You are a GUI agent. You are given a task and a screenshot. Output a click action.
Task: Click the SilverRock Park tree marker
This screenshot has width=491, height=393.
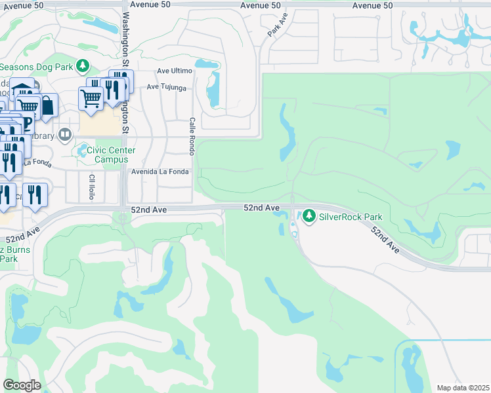point(308,215)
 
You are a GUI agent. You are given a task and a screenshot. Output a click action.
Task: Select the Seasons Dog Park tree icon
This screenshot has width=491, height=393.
point(82,66)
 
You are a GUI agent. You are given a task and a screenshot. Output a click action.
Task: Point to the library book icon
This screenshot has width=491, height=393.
point(64,136)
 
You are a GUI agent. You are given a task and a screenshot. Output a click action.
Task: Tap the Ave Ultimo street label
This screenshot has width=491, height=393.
point(172,71)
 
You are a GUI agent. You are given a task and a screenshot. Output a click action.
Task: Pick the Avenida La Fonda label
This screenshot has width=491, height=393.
point(160,172)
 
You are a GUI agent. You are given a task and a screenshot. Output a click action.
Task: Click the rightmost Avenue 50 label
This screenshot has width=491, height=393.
point(372,5)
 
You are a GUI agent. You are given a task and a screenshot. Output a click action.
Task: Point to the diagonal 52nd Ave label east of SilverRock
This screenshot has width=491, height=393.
point(385,240)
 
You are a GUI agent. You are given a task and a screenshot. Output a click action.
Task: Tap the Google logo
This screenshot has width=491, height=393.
point(22,384)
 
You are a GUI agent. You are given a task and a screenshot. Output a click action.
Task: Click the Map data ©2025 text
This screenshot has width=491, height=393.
point(462,388)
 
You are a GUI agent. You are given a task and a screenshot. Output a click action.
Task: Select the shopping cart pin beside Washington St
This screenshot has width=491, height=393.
point(91,98)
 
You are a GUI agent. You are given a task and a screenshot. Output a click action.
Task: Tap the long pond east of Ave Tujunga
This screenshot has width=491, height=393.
point(213,88)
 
